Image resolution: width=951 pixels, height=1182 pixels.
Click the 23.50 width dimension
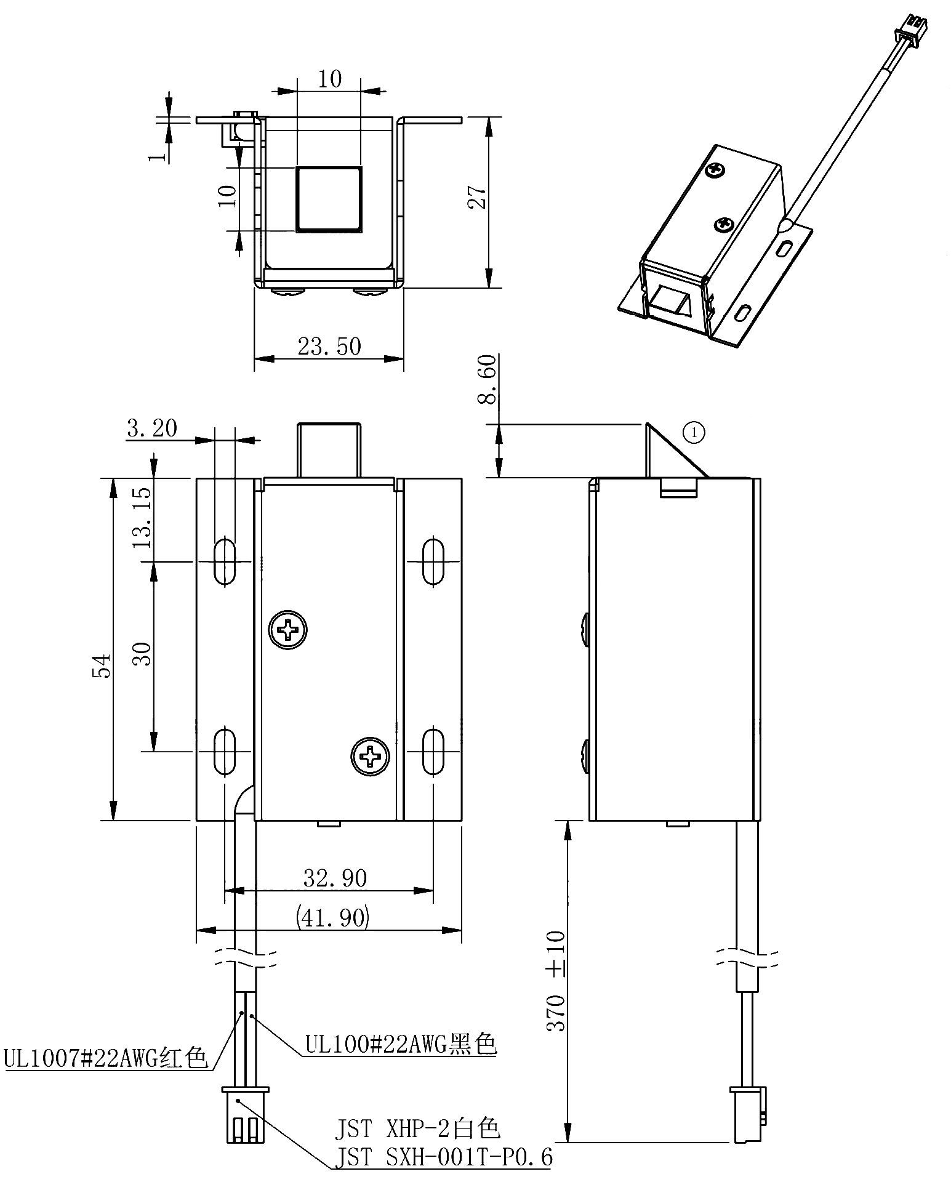pyautogui.click(x=329, y=347)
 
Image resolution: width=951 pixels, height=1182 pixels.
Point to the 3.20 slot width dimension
pyautogui.click(x=151, y=427)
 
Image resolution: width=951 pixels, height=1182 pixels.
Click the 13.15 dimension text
pyautogui.click(x=142, y=518)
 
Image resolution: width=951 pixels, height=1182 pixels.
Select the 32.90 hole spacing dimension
pyautogui.click(x=335, y=878)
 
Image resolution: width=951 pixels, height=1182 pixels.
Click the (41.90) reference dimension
pyautogui.click(x=332, y=917)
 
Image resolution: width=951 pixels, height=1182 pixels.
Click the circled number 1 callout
pyautogui.click(x=694, y=433)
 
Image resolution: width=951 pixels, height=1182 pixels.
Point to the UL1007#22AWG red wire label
pyautogui.click(x=105, y=1058)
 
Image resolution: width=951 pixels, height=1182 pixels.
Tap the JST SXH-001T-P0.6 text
pyautogui.click(x=443, y=1157)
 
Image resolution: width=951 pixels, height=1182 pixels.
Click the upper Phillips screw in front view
pyautogui.click(x=288, y=629)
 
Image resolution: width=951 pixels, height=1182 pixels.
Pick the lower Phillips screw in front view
pyautogui.click(x=371, y=755)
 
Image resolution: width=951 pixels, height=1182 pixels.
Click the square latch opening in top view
pyautogui.click(x=329, y=199)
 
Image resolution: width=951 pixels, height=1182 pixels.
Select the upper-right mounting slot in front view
pyautogui.click(x=433, y=560)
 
